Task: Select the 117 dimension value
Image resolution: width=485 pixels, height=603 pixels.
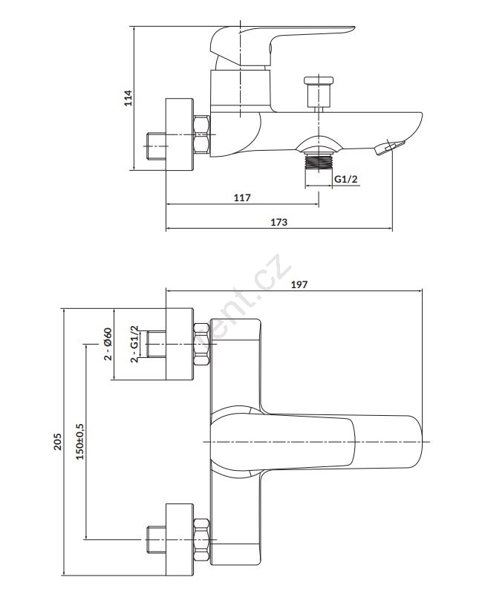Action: coord(242,198)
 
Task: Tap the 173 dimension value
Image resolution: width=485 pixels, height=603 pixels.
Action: coord(279,222)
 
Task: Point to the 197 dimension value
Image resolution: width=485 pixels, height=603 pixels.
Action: coord(299,284)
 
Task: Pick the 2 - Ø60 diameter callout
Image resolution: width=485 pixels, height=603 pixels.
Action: coord(108,344)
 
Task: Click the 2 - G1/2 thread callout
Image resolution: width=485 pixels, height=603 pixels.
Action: coord(134,344)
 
